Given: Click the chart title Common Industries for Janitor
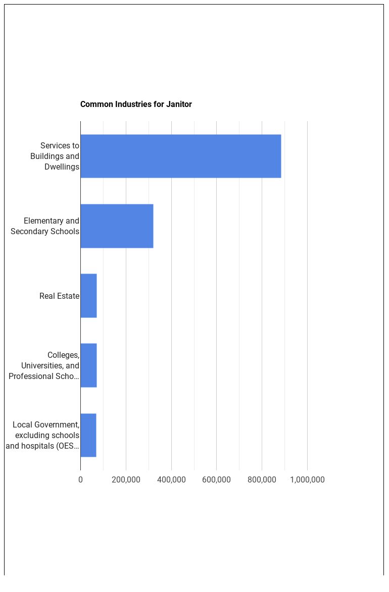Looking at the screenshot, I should tap(136, 104).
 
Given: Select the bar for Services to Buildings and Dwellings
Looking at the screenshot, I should tap(180, 156).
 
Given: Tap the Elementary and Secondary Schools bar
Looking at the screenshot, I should tap(117, 226).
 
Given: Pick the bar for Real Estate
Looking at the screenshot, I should tap(88, 296).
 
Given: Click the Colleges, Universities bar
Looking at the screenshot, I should tap(88, 365).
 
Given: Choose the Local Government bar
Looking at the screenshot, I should tap(88, 435).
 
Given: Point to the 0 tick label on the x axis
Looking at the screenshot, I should tap(80, 479).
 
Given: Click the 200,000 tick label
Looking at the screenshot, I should tap(126, 479).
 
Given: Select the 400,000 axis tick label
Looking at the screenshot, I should tap(171, 479).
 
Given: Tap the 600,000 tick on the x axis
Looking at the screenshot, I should tap(216, 479).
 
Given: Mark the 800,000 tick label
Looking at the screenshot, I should tap(262, 479).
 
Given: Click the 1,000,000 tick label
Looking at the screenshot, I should tap(307, 479).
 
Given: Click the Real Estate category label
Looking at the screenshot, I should tap(59, 296).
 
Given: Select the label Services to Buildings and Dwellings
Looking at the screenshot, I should tap(55, 156).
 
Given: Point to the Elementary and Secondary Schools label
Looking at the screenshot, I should tap(45, 226).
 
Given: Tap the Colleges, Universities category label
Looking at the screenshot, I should tap(44, 366).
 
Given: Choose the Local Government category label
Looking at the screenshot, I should tap(43, 436).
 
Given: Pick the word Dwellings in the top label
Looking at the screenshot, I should tap(62, 167).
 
